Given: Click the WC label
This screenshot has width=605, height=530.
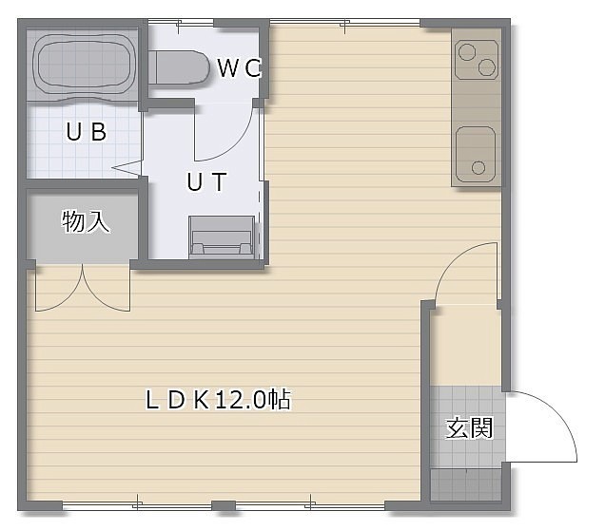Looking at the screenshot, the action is (x=240, y=67).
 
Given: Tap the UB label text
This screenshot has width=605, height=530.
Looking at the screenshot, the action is (x=87, y=131).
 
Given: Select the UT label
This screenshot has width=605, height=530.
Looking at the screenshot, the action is (x=206, y=181).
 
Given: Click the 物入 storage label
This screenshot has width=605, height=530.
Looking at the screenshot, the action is (x=86, y=221).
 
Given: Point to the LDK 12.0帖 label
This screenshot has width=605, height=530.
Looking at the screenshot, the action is (x=219, y=400).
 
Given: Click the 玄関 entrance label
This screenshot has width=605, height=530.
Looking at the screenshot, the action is (x=469, y=427).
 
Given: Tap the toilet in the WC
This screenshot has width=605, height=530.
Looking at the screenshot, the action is (x=179, y=68).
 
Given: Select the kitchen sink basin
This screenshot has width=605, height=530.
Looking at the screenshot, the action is (x=476, y=155).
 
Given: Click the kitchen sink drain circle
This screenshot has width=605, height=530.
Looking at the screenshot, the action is (x=478, y=168).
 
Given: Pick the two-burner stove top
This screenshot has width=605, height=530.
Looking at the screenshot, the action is (x=477, y=60).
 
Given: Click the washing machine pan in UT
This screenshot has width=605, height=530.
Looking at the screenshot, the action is (x=222, y=237).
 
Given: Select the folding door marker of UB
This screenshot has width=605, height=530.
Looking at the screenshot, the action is (x=127, y=167).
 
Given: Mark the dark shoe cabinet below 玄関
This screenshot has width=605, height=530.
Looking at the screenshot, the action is (x=466, y=484).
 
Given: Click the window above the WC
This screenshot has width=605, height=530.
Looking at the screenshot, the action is (x=181, y=22).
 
